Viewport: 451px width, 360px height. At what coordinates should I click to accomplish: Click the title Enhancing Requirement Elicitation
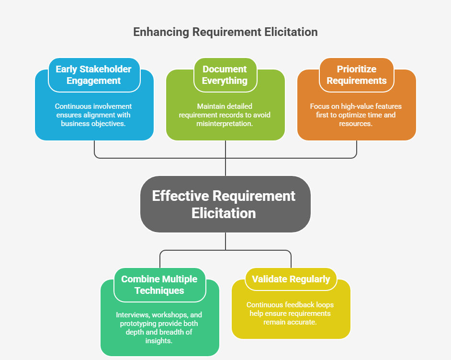point(225,32)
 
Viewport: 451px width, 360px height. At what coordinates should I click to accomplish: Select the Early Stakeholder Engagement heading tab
point(94,75)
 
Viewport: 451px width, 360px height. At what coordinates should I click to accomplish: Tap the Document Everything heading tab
point(225,75)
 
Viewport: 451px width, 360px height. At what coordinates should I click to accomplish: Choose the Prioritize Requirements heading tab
point(356,75)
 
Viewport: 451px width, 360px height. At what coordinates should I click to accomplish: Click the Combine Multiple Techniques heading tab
point(159,285)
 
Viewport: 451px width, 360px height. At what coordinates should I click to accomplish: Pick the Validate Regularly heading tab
point(291,279)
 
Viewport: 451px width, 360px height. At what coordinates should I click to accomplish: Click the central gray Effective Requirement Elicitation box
point(225,204)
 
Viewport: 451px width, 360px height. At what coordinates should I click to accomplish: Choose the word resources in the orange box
point(356,123)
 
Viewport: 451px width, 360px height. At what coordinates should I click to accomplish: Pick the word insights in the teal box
point(159,341)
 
